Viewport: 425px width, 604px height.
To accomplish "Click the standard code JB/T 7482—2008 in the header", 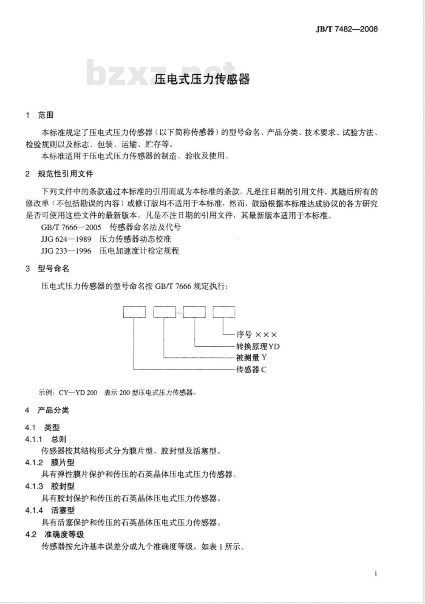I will point(347,29).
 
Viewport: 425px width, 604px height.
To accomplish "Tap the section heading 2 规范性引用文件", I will point(59,174).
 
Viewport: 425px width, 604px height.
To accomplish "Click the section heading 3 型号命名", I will point(47,269).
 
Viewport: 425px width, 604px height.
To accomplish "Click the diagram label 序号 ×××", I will point(257,335).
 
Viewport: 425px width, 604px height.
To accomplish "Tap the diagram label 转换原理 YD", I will point(258,346).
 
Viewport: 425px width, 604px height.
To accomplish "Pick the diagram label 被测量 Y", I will point(251,358).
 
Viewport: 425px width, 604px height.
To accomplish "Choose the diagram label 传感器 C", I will point(251,370).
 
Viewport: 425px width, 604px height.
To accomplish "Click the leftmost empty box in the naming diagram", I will point(134,312).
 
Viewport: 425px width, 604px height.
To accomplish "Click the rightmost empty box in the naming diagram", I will point(224,312).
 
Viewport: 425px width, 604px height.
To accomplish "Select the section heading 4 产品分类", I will point(47,410).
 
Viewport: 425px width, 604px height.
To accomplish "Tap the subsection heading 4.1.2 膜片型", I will point(50,463).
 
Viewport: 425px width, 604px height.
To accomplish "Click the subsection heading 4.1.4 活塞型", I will point(50,510).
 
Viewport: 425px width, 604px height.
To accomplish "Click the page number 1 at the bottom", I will point(376,574).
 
